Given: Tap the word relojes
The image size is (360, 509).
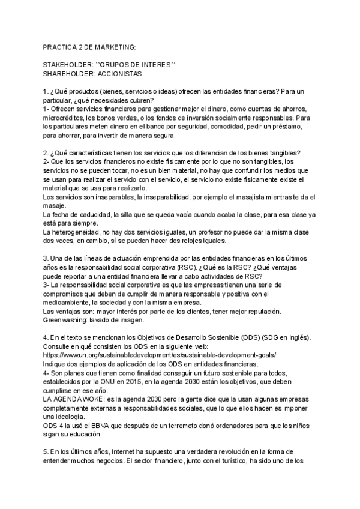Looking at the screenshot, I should (x=214, y=241).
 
